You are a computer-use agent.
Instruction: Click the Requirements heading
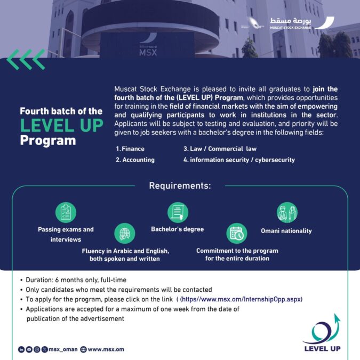pyautogui.click(x=180, y=186)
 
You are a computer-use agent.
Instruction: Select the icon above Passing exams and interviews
pyautogui.click(x=66, y=212)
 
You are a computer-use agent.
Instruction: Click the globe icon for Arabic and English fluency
pyautogui.click(x=124, y=233)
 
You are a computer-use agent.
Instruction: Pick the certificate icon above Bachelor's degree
pyautogui.click(x=178, y=212)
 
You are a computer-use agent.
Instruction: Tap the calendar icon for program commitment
pyautogui.click(x=237, y=233)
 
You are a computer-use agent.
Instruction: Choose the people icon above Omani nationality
pyautogui.click(x=286, y=212)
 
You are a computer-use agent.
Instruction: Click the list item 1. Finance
pyautogui.click(x=130, y=149)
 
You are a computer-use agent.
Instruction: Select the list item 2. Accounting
pyautogui.click(x=135, y=159)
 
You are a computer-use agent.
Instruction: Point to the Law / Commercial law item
pyautogui.click(x=220, y=149)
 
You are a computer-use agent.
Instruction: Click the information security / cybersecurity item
pyautogui.click(x=239, y=159)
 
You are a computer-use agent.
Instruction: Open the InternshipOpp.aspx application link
pyautogui.click(x=242, y=299)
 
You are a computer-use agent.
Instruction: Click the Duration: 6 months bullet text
pyautogui.click(x=76, y=280)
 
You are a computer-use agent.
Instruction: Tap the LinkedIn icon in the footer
pyautogui.click(x=21, y=349)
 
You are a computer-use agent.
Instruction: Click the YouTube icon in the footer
pyautogui.click(x=29, y=349)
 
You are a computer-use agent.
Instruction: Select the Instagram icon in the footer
pyautogui.click(x=37, y=349)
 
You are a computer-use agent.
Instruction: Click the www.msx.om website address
pyautogui.click(x=106, y=349)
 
